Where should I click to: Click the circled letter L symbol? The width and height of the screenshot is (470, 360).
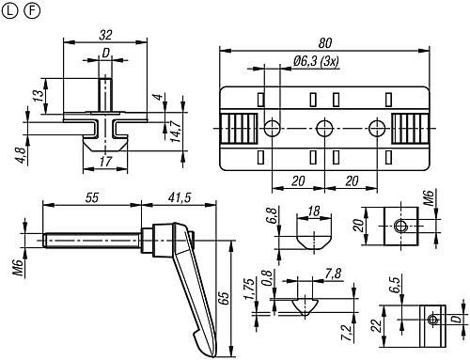pyautogui.click(x=9, y=11)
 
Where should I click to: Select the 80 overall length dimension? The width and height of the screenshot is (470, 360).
pyautogui.click(x=325, y=43)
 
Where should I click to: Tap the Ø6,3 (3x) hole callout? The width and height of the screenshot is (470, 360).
pyautogui.click(x=316, y=61)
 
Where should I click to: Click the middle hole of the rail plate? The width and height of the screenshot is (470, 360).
pyautogui.click(x=324, y=128)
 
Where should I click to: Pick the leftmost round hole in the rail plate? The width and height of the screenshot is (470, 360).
pyautogui.click(x=272, y=128)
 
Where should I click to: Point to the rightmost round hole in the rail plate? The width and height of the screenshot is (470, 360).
pyautogui.click(x=377, y=128)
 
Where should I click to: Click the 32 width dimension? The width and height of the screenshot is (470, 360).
pyautogui.click(x=105, y=35)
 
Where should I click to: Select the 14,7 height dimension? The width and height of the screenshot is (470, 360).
pyautogui.click(x=177, y=131)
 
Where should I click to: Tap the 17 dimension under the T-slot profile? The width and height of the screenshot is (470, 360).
pyautogui.click(x=105, y=162)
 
